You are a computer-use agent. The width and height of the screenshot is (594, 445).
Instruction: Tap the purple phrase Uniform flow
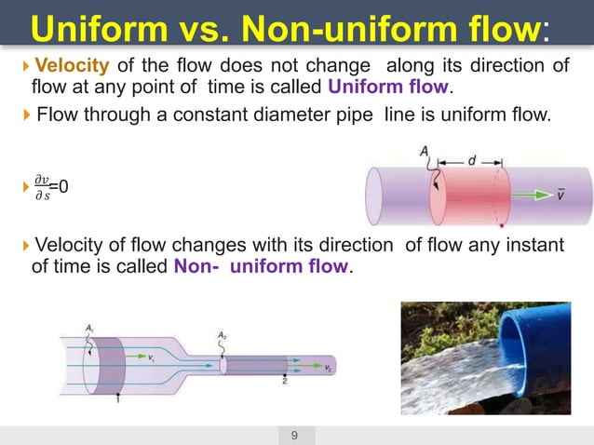388,88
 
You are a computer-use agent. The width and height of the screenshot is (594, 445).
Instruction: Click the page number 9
295,435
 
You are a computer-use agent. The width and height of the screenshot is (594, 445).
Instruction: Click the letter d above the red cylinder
472,161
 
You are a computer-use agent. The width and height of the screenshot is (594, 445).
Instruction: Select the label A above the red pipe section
425,152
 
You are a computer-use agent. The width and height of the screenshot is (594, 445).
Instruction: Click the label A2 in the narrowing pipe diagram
222,335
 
